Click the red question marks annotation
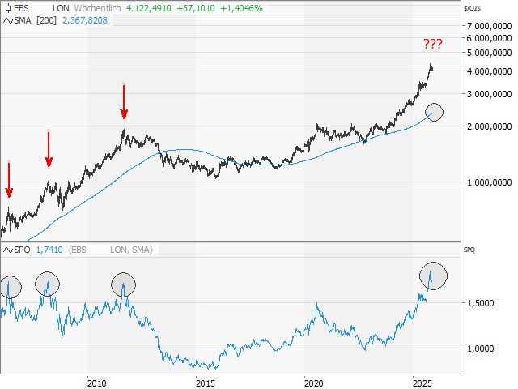pyautogui.click(x=432, y=45)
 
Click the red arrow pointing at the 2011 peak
pyautogui.click(x=124, y=102)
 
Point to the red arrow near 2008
pyautogui.click(x=49, y=149)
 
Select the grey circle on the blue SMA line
pyautogui.click(x=435, y=112)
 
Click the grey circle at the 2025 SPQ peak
pyautogui.click(x=435, y=276)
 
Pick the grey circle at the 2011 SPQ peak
pyautogui.click(x=124, y=284)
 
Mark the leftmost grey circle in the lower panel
pyautogui.click(x=11, y=286)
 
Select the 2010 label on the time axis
pyautogui.click(x=96, y=383)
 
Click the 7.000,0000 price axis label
pyautogui.click(x=489, y=26)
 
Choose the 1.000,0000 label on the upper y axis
pyautogui.click(x=489, y=182)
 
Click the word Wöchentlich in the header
pyautogui.click(x=86, y=6)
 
